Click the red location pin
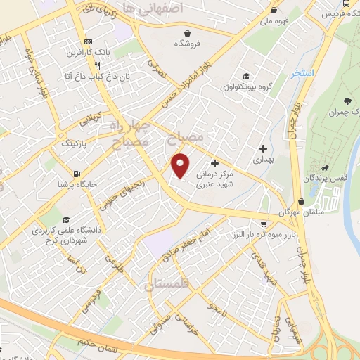point(181,165)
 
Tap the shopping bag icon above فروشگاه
point(187,32)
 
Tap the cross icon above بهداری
point(263,148)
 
